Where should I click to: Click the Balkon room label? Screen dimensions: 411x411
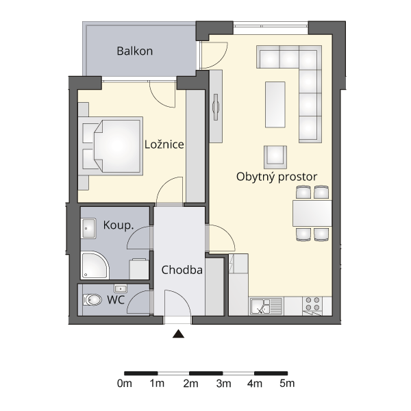pyautogui.click(x=135, y=51)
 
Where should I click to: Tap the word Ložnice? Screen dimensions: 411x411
pyautogui.click(x=164, y=145)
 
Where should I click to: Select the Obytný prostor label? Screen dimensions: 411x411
pyautogui.click(x=277, y=177)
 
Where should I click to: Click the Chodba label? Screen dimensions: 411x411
pyautogui.click(x=182, y=270)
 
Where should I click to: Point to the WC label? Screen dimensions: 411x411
pyautogui.click(x=116, y=300)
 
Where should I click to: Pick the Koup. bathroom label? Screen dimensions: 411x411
pyautogui.click(x=119, y=225)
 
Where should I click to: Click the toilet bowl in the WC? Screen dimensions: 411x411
pyautogui.click(x=92, y=299)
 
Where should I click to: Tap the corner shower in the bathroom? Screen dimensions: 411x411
pyautogui.click(x=95, y=265)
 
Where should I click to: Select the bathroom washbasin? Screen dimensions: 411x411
pyautogui.click(x=88, y=228)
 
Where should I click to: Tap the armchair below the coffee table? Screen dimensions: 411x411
pyautogui.click(x=275, y=157)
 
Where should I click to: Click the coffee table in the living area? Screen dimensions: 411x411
pyautogui.click(x=275, y=105)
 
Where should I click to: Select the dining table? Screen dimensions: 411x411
pyautogui.click(x=312, y=213)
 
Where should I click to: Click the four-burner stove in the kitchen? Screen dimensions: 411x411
pyautogui.click(x=313, y=303)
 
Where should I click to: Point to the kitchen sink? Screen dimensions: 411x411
pyautogui.click(x=266, y=306)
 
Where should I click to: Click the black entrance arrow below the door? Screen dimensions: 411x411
pyautogui.click(x=179, y=334)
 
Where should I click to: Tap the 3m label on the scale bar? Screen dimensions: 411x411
pyautogui.click(x=223, y=384)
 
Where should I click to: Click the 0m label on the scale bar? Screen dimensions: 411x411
pyautogui.click(x=125, y=384)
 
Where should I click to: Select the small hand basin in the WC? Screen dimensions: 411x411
pyautogui.click(x=121, y=288)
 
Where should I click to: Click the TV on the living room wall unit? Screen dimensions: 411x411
pyautogui.click(x=216, y=107)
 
